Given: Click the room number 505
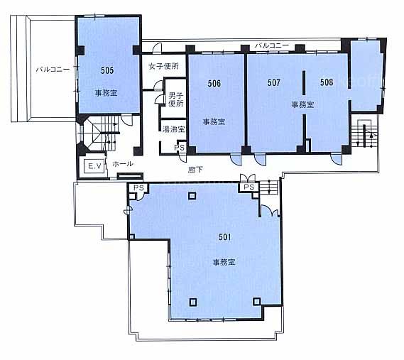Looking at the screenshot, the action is click(x=107, y=70).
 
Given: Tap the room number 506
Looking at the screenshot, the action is click(x=214, y=83).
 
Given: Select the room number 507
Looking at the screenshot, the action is click(x=273, y=82).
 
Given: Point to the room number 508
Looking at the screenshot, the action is click(x=327, y=82).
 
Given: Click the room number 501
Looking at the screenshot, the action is click(x=224, y=237).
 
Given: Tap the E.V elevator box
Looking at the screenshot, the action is click(x=95, y=166).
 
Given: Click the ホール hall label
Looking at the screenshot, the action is click(x=123, y=163).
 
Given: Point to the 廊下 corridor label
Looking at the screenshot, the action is click(x=195, y=170).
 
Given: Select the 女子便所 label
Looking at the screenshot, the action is click(x=163, y=66).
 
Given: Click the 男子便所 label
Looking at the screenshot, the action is click(x=176, y=99).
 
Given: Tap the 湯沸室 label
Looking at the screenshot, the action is click(x=174, y=129).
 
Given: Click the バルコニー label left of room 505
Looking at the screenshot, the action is click(x=53, y=70).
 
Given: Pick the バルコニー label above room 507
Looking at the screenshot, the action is click(x=272, y=45).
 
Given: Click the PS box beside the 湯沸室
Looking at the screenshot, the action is click(x=180, y=148).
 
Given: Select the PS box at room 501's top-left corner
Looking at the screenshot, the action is click(x=138, y=187).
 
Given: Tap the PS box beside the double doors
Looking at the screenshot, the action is click(x=249, y=187).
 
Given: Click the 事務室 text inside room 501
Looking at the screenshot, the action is click(x=224, y=262).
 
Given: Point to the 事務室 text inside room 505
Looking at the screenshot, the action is click(x=107, y=93).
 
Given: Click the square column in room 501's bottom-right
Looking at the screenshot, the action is click(x=256, y=301).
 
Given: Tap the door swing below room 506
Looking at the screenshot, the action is click(x=236, y=159).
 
